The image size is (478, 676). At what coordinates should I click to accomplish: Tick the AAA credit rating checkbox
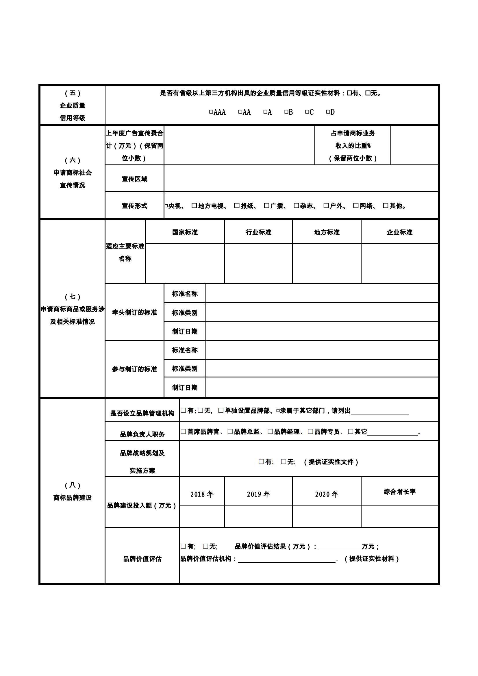[x=211, y=112]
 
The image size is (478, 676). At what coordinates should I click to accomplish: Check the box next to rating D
[x=328, y=112]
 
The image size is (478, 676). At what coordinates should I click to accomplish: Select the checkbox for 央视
[x=166, y=206]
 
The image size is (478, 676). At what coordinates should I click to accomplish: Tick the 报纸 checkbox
[x=237, y=205]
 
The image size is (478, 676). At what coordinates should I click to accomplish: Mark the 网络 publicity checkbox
[x=356, y=205]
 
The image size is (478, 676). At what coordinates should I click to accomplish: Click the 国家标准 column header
[x=185, y=232]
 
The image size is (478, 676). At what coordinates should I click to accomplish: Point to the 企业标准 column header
[x=399, y=232]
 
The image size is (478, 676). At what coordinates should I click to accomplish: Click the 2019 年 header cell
[x=258, y=494]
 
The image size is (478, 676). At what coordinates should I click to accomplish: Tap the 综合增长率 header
[x=399, y=492]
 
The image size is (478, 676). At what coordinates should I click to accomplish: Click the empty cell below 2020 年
[x=327, y=516]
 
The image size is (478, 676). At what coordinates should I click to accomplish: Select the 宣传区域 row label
[x=134, y=179]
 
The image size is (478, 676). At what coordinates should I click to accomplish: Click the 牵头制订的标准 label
[x=134, y=312]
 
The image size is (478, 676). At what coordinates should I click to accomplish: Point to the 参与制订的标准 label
[x=134, y=369]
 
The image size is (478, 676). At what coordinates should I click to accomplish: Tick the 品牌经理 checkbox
[x=270, y=431]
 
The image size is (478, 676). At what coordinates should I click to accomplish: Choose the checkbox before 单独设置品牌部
[x=221, y=410]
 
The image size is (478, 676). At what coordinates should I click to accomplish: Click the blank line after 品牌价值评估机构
[x=286, y=559]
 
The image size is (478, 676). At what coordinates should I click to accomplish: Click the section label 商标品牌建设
[x=73, y=498]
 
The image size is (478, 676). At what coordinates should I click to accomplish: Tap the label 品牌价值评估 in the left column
[x=142, y=559]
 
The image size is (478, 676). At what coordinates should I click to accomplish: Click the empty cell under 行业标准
[x=258, y=263]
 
